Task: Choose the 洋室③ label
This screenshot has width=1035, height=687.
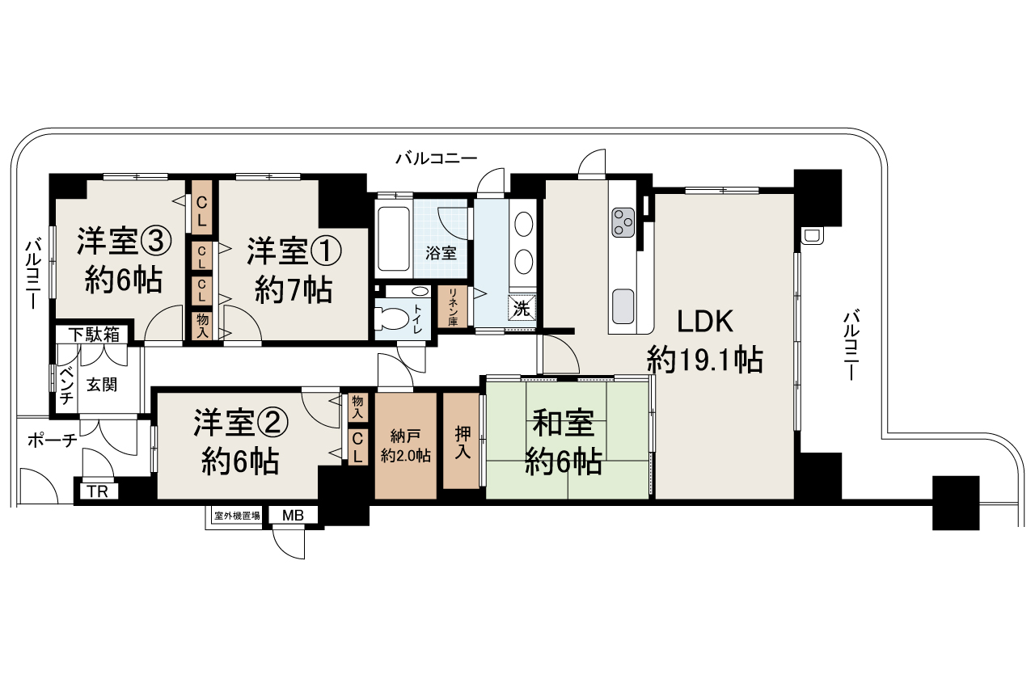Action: tap(125, 259)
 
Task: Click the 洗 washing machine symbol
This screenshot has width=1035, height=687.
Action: tap(522, 308)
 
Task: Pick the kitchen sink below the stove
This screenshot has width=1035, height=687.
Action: tap(623, 306)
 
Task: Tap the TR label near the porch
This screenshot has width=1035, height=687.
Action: tap(98, 491)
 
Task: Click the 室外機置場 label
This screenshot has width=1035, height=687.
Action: tap(236, 515)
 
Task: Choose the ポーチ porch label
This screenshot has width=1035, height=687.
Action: tap(52, 440)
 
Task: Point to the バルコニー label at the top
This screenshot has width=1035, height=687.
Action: tap(437, 158)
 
